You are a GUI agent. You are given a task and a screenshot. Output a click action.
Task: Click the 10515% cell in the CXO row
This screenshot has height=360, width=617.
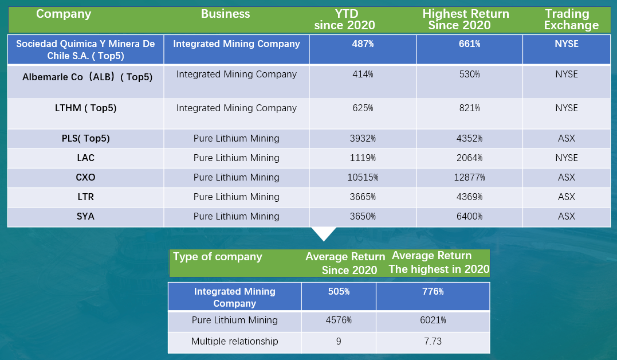(x=362, y=178)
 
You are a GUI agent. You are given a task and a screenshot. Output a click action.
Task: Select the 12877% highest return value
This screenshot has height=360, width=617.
(x=469, y=178)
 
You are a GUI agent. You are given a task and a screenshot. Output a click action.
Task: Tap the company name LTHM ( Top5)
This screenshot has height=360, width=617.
(x=85, y=108)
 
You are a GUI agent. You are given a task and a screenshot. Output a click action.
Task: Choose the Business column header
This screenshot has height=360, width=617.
(x=225, y=14)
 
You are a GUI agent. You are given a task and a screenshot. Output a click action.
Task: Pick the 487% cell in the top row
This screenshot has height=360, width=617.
(x=362, y=44)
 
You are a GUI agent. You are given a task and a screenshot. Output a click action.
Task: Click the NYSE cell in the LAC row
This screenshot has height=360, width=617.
(x=567, y=158)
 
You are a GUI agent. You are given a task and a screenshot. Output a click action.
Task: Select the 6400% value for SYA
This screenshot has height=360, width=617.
(x=469, y=217)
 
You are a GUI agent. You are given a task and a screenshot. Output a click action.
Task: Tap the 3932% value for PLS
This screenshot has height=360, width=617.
(x=362, y=139)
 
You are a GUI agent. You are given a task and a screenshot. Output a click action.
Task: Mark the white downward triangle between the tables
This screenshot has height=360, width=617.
(x=325, y=233)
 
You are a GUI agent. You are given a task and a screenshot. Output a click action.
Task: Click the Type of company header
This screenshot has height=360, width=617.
(x=218, y=257)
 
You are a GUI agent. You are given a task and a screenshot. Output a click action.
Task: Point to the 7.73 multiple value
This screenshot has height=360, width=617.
(x=433, y=342)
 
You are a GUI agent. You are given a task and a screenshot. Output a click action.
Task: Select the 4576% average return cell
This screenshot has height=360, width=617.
(x=339, y=320)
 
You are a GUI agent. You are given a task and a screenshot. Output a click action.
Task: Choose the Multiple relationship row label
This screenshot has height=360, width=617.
(x=234, y=342)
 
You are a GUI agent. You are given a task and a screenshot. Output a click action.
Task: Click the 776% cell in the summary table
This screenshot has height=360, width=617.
(x=433, y=292)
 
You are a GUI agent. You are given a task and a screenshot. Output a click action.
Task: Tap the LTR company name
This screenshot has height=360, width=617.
(x=85, y=197)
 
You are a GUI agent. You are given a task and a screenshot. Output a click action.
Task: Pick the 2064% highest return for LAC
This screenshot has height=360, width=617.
(x=469, y=158)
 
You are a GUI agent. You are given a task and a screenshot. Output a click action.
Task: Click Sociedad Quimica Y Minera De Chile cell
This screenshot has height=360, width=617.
(x=85, y=50)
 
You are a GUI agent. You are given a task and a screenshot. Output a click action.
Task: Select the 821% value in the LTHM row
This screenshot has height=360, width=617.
(x=469, y=108)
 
